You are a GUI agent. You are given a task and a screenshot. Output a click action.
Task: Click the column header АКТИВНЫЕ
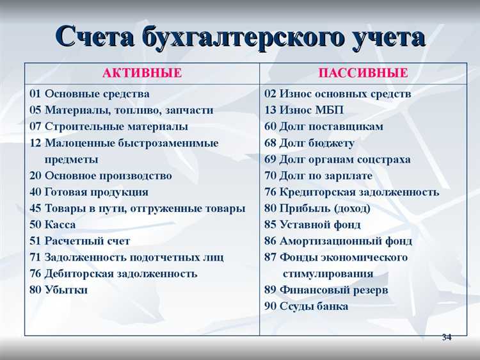pos(142,73)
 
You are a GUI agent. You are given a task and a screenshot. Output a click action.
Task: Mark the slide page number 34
pos(446,338)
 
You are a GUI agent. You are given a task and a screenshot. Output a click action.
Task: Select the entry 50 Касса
pos(52,225)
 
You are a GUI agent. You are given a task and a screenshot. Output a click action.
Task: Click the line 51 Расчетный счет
pos(79,241)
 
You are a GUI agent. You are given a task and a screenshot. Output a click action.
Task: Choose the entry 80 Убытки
pos(58,290)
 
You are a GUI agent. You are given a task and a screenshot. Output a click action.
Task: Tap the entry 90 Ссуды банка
pos(306,306)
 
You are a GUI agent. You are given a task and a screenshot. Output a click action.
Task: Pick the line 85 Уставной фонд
pos(312,225)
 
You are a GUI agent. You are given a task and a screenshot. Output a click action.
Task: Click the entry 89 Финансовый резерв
pos(326,290)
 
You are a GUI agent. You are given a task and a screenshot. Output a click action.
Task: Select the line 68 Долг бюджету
pos(309,143)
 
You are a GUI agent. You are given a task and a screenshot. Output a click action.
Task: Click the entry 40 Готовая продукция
pos(89,192)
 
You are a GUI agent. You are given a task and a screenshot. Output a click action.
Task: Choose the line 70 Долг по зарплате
pos(318,176)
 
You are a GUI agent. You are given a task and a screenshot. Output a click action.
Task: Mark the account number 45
pos(35,208)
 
